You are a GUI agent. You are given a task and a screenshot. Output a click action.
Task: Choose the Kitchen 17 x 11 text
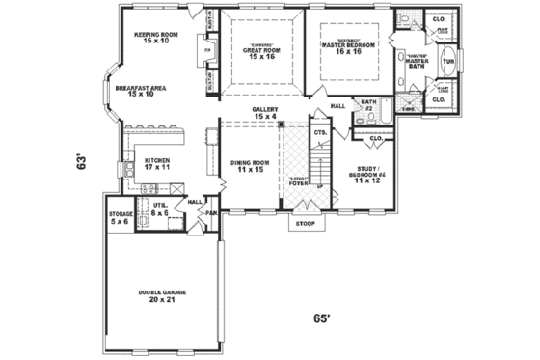pyautogui.click(x=156, y=163)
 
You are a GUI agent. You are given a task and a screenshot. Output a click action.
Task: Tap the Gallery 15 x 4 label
pyautogui.click(x=265, y=113)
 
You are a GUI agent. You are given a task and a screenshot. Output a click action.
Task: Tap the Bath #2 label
pyautogui.click(x=368, y=102)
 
